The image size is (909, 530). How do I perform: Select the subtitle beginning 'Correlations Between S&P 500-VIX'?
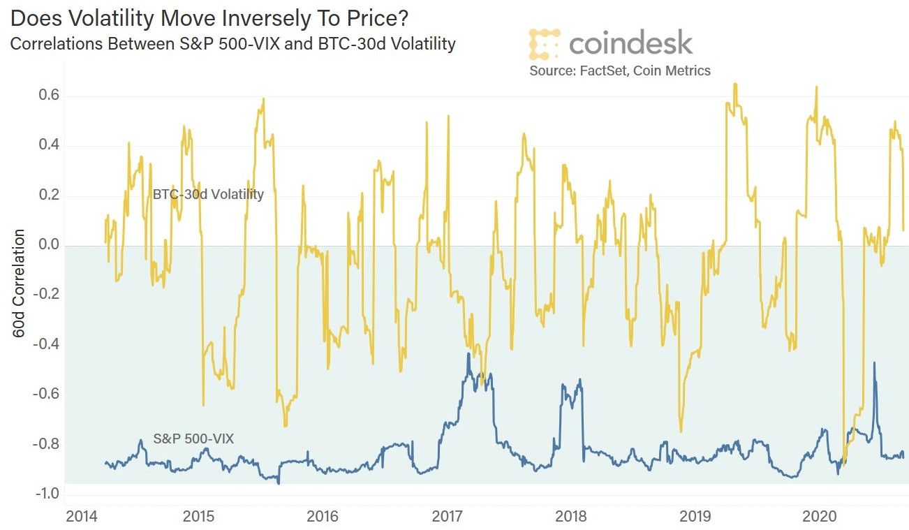point(232,44)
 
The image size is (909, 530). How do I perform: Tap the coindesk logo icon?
point(544,43)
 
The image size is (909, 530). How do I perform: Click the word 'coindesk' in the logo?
point(630,43)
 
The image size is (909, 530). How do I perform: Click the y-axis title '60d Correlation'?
point(19,283)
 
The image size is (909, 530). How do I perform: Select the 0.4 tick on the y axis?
point(45,146)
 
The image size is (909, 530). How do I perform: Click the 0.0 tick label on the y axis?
point(45,245)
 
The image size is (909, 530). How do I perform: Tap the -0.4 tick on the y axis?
point(42,345)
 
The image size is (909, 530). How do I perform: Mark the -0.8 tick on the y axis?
point(42,445)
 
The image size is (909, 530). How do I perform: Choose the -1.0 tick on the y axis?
point(42,494)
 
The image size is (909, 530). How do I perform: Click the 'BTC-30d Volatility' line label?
point(208,194)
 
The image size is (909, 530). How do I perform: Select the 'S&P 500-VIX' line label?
point(193,439)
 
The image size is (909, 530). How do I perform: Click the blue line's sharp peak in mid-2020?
point(874,363)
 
